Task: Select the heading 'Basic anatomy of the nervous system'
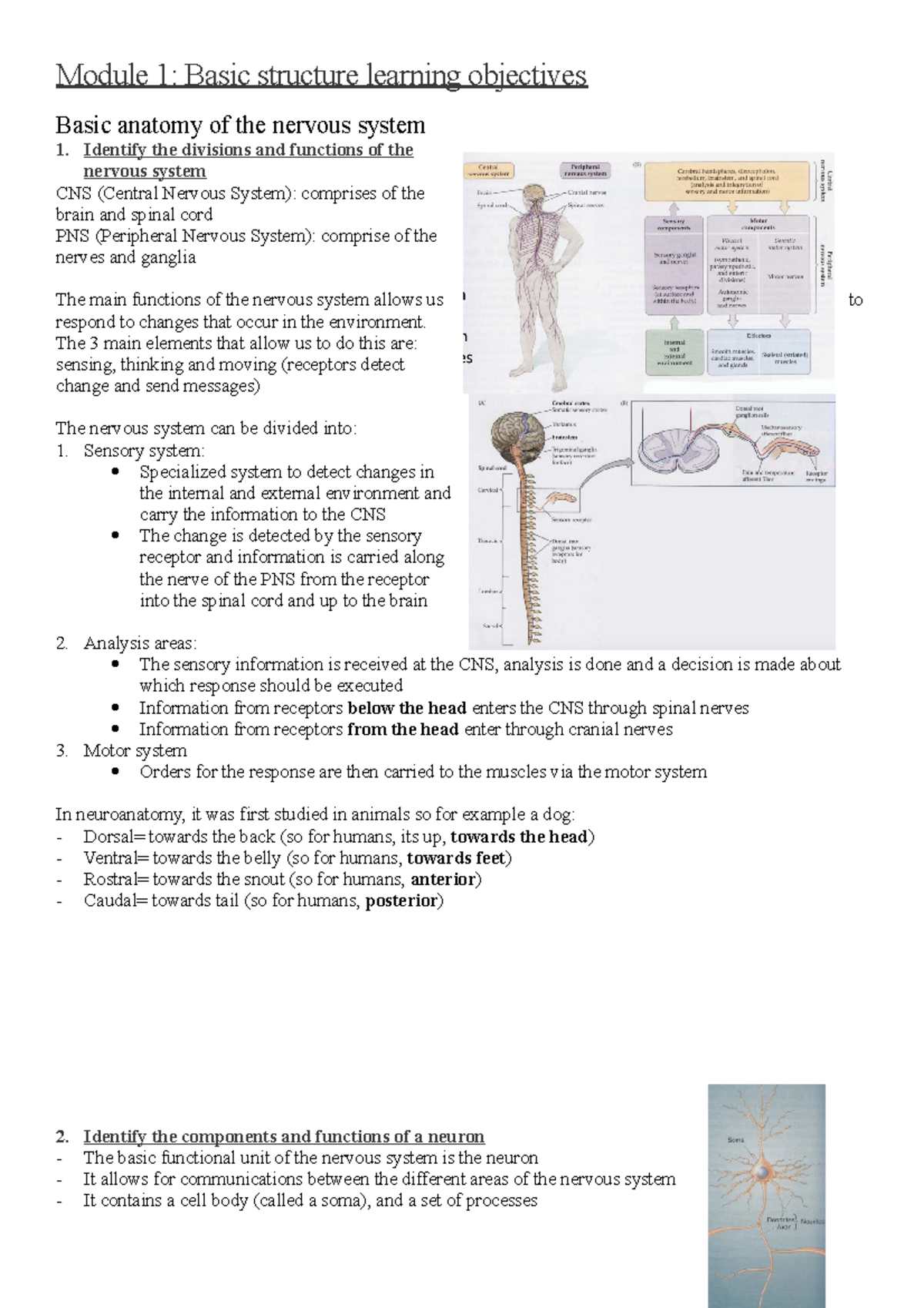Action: click(x=240, y=125)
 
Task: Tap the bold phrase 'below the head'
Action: click(x=407, y=708)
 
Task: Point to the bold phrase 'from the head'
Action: click(x=403, y=729)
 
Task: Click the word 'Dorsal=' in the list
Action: click(x=115, y=837)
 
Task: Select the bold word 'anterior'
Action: click(x=444, y=880)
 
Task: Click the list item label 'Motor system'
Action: click(x=135, y=750)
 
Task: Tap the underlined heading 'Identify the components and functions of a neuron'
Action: click(x=283, y=1136)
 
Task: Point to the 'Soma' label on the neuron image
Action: click(x=736, y=1139)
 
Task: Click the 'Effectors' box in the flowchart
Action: click(x=758, y=353)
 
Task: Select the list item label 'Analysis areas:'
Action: click(x=140, y=643)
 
